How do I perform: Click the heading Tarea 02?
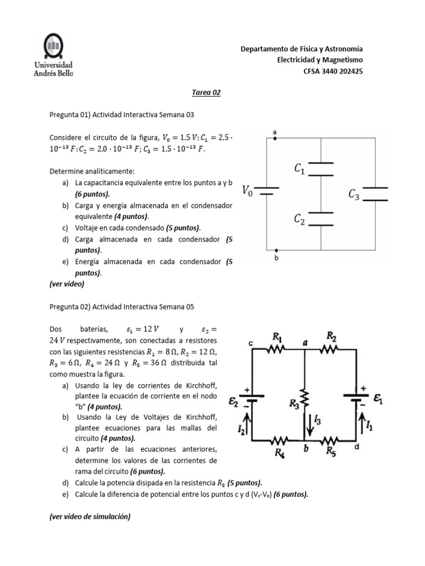coord(206,93)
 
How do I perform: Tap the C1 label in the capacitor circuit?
coord(299,169)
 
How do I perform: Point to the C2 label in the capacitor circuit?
coord(299,219)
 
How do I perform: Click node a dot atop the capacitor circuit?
coord(275,138)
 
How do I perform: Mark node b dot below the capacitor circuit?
coord(275,250)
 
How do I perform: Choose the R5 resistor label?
coord(331,453)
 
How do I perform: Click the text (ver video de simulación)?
coord(90,517)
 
